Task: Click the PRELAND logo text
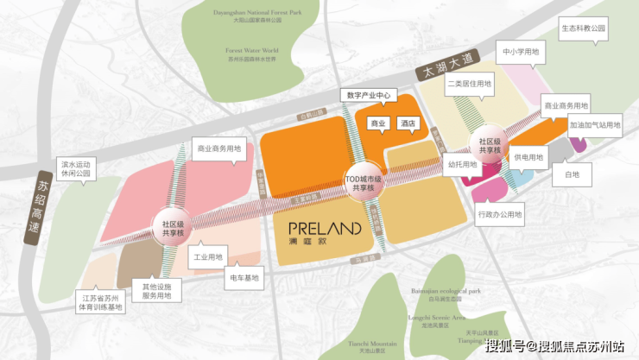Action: [324, 230]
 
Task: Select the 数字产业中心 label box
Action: [370, 95]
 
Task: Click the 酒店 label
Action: [408, 123]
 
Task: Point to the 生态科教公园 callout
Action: [583, 28]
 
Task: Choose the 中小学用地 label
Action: [521, 52]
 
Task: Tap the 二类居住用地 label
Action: [469, 85]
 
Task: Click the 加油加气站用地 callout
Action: [595, 125]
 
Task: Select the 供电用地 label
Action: [529, 158]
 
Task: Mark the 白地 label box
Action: [572, 175]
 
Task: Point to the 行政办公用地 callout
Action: [500, 213]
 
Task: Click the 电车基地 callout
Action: [244, 278]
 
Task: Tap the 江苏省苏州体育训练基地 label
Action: [103, 301]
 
